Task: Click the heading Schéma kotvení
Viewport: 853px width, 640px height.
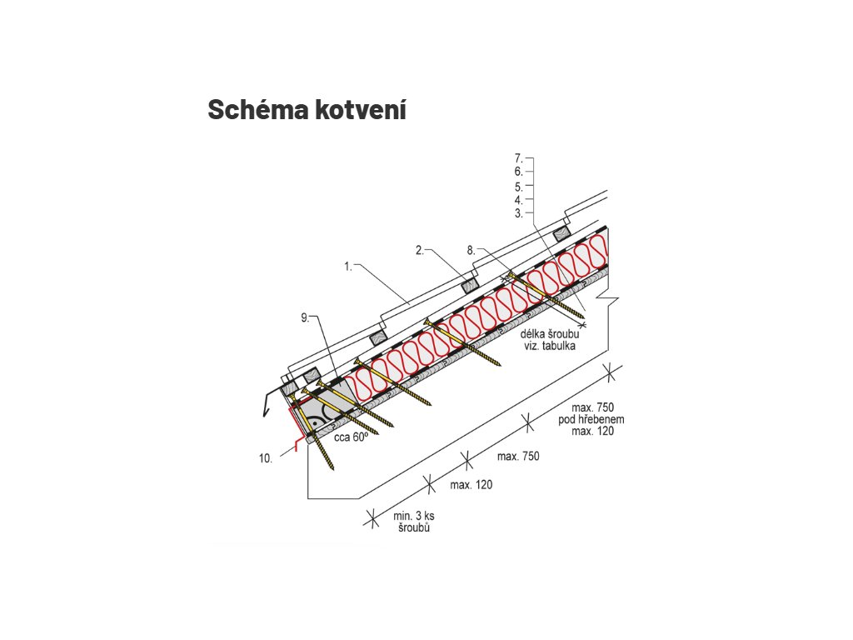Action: click(x=307, y=109)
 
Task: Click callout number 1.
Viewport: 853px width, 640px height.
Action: click(x=348, y=267)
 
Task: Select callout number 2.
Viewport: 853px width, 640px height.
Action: click(x=422, y=249)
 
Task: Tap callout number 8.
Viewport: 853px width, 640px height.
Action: click(x=471, y=249)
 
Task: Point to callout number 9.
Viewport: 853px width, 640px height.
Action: click(x=305, y=317)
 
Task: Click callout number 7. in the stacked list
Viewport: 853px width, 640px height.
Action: click(x=518, y=157)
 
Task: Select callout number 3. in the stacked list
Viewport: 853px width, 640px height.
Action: click(x=518, y=213)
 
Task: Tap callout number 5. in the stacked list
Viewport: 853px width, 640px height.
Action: click(x=518, y=186)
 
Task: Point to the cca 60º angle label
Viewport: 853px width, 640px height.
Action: click(x=352, y=435)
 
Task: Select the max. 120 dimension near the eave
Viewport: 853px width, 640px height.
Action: click(x=470, y=484)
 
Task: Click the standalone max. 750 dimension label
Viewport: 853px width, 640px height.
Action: click(x=518, y=456)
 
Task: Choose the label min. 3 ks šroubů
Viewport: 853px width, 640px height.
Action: click(x=414, y=522)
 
